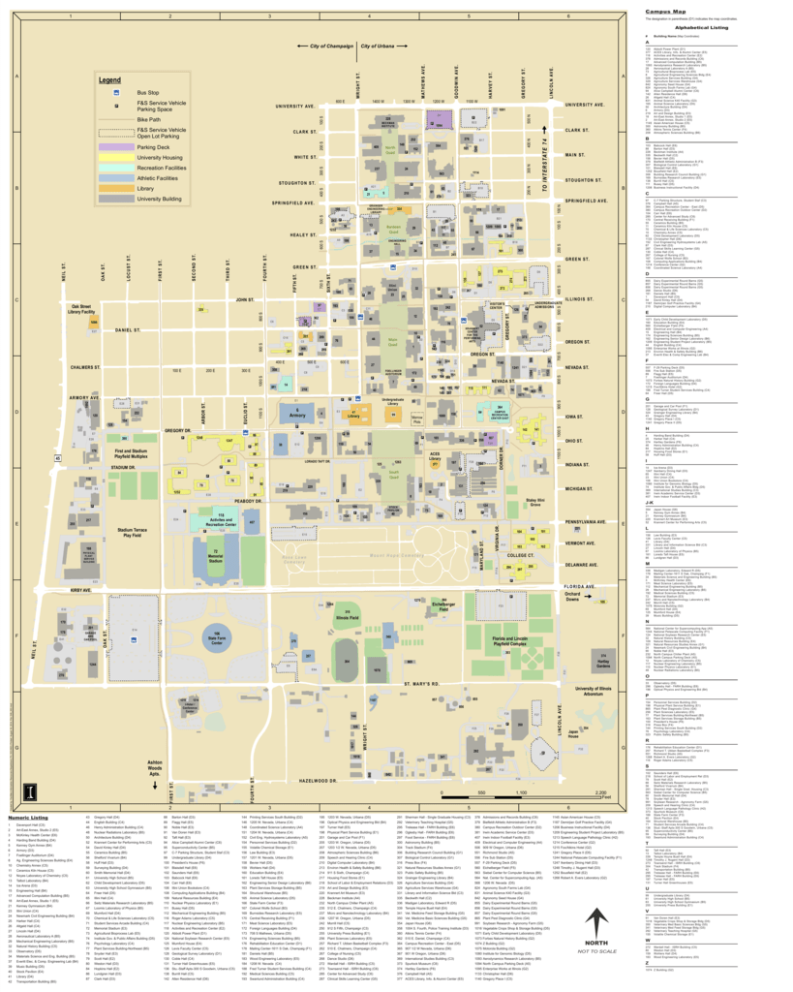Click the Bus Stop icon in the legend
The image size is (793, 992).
pyautogui.click(x=115, y=92)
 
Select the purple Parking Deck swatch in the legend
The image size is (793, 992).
pyautogui.click(x=115, y=147)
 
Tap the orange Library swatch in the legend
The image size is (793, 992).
pyautogui.click(x=115, y=188)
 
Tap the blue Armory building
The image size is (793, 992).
pyautogui.click(x=298, y=415)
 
